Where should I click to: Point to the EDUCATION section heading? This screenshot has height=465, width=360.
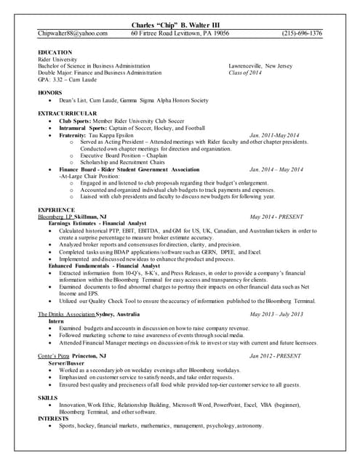coord(55,52)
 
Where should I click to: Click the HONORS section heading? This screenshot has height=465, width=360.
coord(50,92)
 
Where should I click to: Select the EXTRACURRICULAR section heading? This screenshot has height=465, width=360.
coord(67,113)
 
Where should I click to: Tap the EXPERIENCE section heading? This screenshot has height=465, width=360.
coord(56,209)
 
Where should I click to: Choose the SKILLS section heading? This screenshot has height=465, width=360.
coord(47,397)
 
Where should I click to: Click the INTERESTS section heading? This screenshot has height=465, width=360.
coord(54,418)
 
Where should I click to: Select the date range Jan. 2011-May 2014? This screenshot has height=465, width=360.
coord(273,135)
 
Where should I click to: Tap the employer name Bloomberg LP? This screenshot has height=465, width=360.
coord(55,217)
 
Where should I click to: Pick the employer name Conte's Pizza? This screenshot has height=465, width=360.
coord(55,356)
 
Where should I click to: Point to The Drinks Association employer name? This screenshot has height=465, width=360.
coord(66,314)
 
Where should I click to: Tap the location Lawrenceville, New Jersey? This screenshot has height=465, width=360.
coord(260,66)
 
